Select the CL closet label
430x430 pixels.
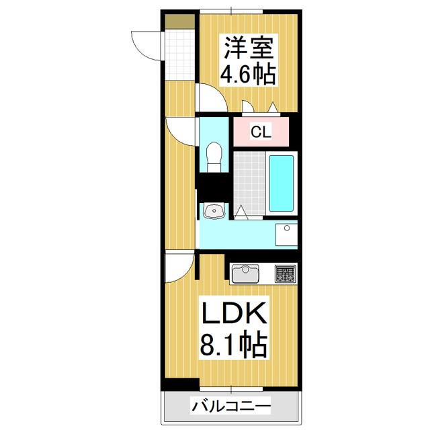pyautogui.click(x=261, y=132)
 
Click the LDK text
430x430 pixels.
pyautogui.click(x=234, y=314)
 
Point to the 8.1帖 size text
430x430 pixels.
pyautogui.click(x=234, y=346)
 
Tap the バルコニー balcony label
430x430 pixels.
pyautogui.click(x=231, y=406)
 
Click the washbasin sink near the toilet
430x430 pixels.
pyautogui.click(x=213, y=212)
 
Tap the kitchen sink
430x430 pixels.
pyautogui.click(x=246, y=274)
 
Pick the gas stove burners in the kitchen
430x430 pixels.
pyautogui.click(x=285, y=273)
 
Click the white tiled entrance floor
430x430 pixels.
pyautogui.click(x=179, y=54)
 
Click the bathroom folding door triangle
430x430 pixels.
pyautogui.click(x=241, y=212)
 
